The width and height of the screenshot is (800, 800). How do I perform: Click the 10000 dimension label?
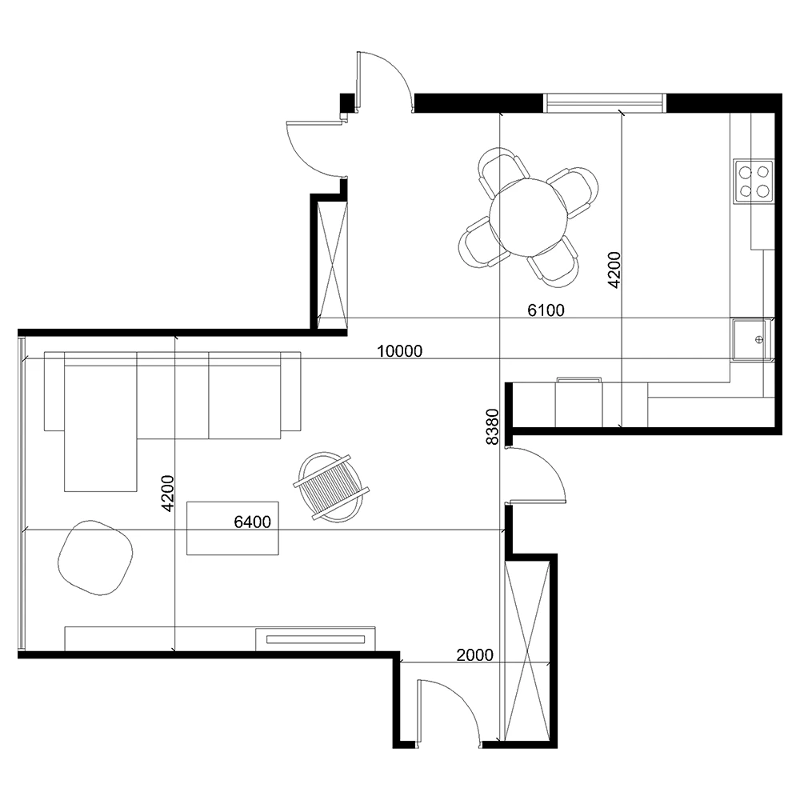[399, 351]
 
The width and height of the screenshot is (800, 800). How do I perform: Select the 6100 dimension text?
[546, 310]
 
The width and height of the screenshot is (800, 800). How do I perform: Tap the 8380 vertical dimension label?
[492, 426]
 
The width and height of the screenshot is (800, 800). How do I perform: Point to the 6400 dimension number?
[252, 522]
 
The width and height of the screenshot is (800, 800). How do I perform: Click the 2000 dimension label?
[474, 655]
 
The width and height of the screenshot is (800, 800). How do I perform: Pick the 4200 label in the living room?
[167, 494]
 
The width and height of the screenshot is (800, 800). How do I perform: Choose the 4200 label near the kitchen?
[614, 270]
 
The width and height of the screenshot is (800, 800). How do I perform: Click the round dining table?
[528, 218]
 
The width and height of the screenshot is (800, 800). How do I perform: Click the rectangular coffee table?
[233, 528]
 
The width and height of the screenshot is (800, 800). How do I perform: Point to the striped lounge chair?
[331, 487]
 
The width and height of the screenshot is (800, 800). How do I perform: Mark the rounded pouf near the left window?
[95, 558]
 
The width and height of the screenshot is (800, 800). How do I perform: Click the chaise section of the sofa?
[101, 426]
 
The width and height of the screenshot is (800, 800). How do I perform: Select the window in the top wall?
[605, 102]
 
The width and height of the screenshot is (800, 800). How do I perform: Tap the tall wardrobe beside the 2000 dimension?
[527, 650]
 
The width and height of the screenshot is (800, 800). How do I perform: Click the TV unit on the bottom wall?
[220, 638]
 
